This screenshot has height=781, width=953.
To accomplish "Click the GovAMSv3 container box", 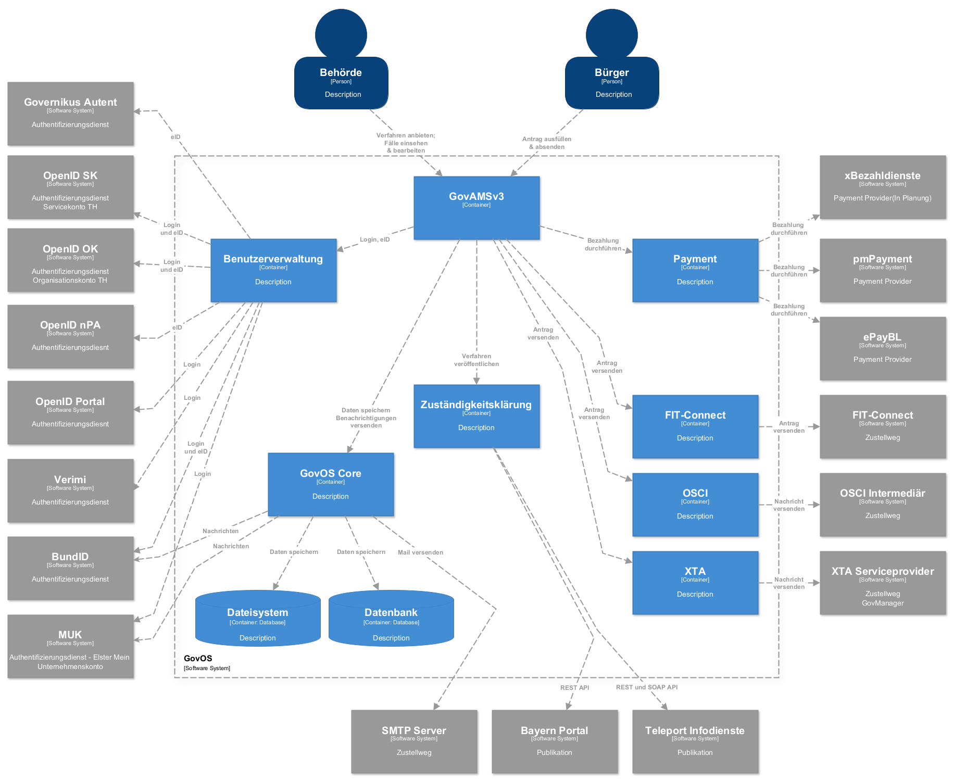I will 476,208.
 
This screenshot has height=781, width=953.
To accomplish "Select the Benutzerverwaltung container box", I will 273,270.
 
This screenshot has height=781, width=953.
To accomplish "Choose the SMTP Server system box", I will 414,741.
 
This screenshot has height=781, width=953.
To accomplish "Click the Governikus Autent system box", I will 70,114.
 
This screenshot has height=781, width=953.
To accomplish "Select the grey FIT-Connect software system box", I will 883,426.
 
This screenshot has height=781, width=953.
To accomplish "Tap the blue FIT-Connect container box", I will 695,426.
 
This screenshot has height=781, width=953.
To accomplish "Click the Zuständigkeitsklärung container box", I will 476,416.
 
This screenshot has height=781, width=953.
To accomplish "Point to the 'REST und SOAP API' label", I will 647,687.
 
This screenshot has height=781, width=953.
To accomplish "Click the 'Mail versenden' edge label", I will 420,552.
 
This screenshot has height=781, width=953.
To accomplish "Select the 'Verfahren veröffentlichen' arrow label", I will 476,360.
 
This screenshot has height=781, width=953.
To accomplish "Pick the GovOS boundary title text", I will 198,659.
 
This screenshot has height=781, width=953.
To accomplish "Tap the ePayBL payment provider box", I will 883,348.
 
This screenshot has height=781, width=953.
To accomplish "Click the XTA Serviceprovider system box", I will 883,583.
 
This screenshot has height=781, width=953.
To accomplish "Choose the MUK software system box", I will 70,646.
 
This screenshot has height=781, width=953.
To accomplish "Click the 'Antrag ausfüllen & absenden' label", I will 547,143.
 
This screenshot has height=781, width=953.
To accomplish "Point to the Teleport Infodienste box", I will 695,741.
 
